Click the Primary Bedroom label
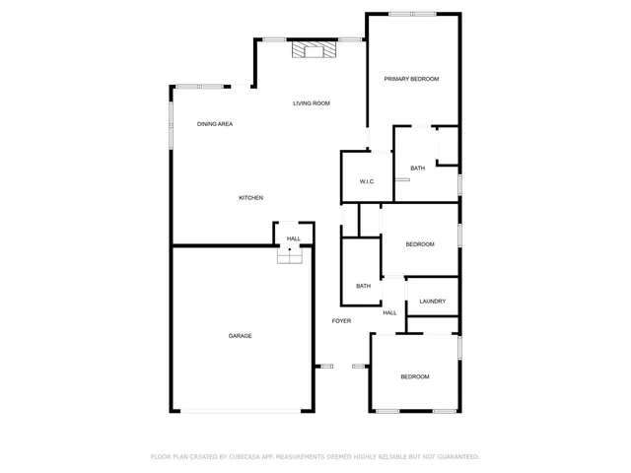coord(411,79)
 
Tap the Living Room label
coord(311,103)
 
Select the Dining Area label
coord(215,124)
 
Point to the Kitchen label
coord(251,198)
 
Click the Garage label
coord(240,336)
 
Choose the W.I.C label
coord(366,181)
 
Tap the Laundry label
coord(432,302)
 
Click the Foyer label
coord(341,321)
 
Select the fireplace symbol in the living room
coord(314,51)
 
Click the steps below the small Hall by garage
coord(288,255)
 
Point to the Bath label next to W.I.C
coord(418,169)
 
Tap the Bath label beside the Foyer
coord(363,287)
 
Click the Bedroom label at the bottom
coord(414,377)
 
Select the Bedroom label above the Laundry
coord(420,244)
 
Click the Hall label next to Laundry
coord(389,313)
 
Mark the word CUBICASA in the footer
coord(243,457)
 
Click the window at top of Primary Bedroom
coord(412,14)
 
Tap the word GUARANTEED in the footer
coord(457,457)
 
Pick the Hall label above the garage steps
coord(294,238)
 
